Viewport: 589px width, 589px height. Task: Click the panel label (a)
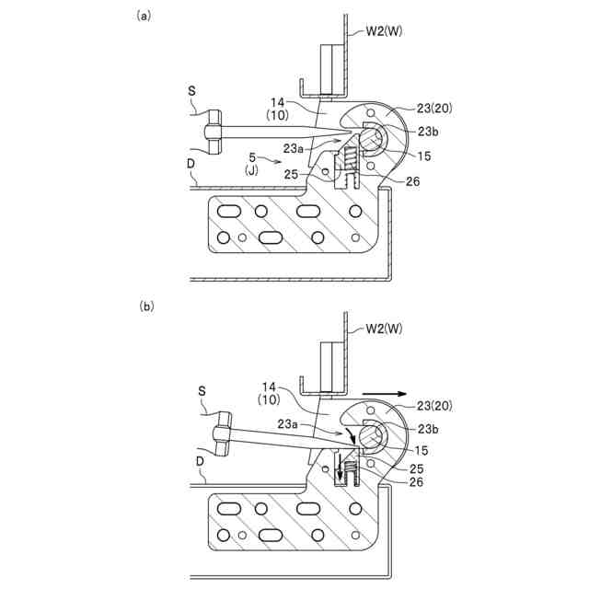(143, 16)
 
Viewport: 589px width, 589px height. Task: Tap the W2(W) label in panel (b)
(385, 328)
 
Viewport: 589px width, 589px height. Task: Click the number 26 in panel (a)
(412, 181)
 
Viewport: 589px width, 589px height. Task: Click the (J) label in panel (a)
(250, 171)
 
